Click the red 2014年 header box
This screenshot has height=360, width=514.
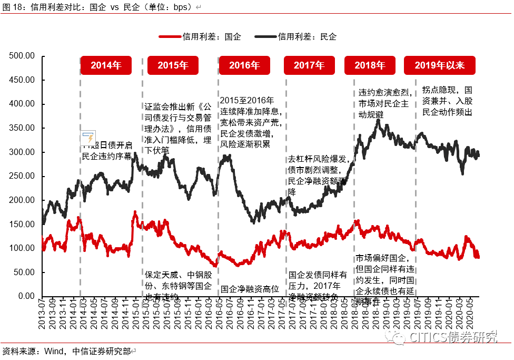106,65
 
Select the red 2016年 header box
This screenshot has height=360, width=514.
244,65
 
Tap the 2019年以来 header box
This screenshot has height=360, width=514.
439,65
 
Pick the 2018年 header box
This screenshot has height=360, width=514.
370,65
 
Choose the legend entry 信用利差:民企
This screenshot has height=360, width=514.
295,37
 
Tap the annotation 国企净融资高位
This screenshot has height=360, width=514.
250,288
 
